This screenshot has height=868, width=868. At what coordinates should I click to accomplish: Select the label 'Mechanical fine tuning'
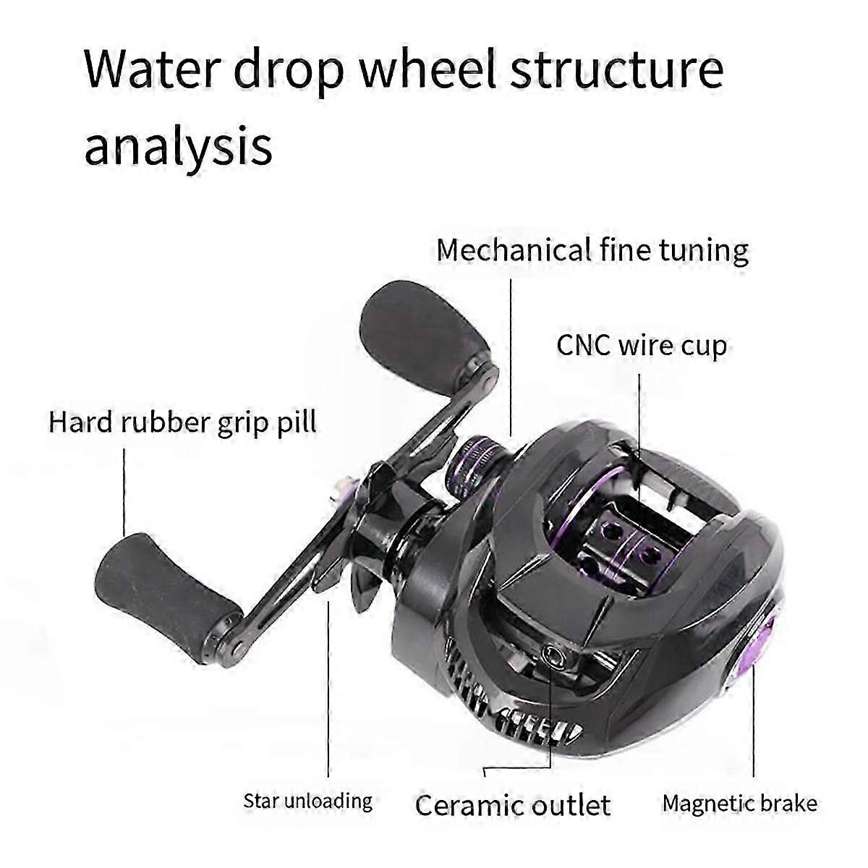tap(592, 251)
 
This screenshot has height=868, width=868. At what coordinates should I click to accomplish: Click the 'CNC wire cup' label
tap(642, 346)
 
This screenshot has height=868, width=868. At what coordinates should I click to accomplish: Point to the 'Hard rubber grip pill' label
tap(182, 423)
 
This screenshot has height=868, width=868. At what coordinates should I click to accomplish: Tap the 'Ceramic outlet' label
tap(513, 805)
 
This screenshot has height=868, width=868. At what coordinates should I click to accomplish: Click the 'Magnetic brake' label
tap(740, 803)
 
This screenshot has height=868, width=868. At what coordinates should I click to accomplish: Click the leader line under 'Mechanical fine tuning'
tap(511, 357)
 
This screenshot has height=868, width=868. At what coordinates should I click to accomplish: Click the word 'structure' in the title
tap(618, 70)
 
